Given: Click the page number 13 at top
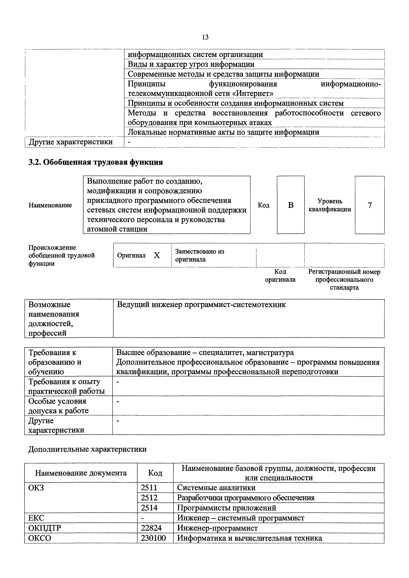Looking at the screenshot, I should pos(205,37).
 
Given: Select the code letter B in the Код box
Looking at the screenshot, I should pos(291,205).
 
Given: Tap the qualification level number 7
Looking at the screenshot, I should pos(369,205).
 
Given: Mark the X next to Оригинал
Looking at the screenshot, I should pos(157,255).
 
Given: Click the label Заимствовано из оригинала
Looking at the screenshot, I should pos(199,255).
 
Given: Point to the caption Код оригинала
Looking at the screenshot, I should pos(280,276).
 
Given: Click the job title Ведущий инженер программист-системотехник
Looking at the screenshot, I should pos(201,305).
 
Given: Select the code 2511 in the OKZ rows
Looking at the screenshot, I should pos(149,488).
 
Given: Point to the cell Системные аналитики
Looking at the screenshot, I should pos(216,488).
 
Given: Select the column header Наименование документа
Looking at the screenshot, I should pos(81,473).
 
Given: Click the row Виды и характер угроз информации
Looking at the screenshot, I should pos(191,64).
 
